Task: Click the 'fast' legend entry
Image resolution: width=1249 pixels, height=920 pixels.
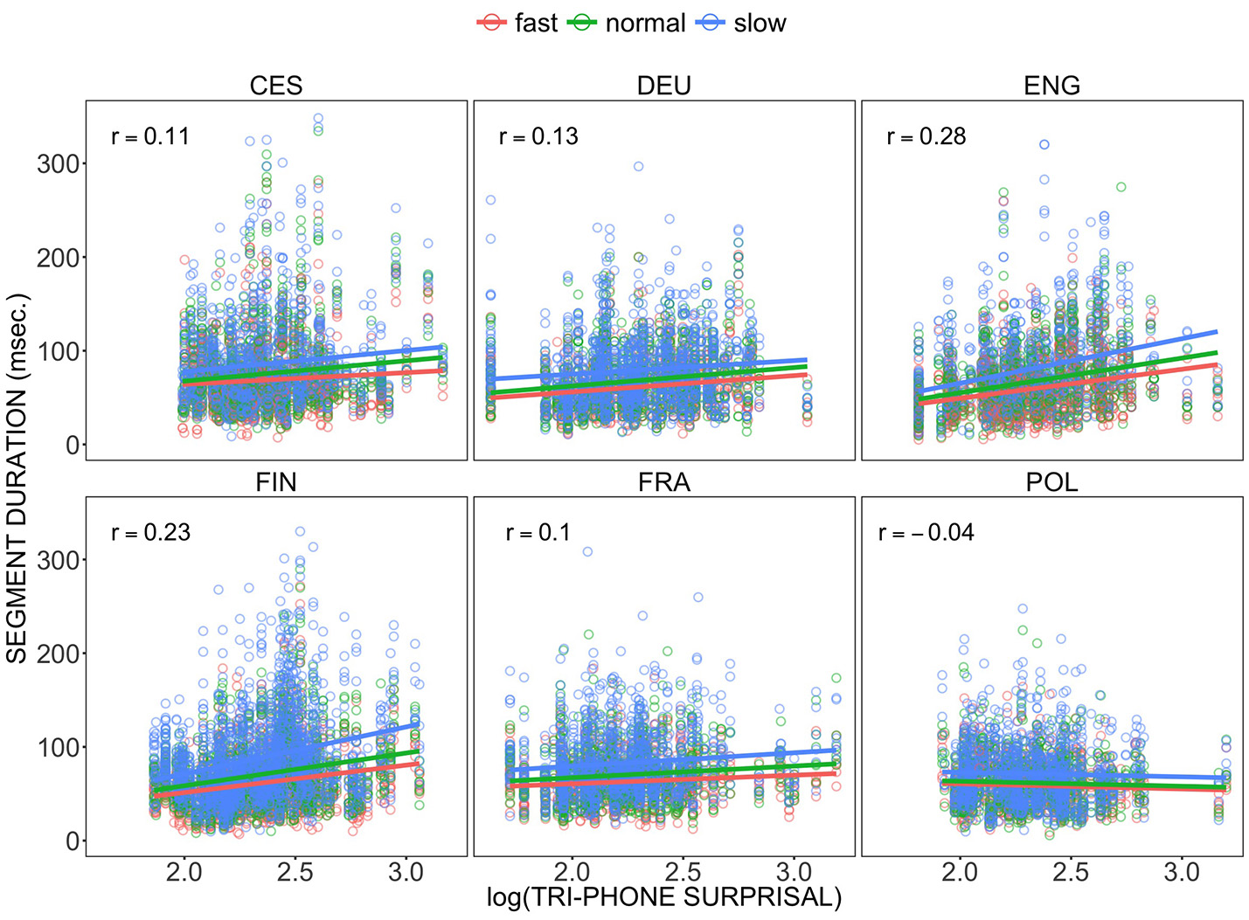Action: click(x=517, y=24)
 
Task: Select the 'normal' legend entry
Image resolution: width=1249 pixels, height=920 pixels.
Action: click(x=628, y=24)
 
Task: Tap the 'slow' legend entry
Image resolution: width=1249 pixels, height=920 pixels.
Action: click(x=742, y=24)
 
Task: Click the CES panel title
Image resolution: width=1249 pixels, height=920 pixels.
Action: click(x=276, y=86)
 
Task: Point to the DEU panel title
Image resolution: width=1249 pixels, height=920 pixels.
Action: click(x=664, y=86)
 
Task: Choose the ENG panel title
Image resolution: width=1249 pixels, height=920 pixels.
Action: click(x=1051, y=86)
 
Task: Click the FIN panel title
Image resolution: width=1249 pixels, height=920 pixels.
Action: click(x=276, y=482)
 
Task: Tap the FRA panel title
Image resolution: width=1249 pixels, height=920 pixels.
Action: click(x=664, y=482)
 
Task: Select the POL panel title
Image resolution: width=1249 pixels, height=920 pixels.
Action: click(x=1051, y=482)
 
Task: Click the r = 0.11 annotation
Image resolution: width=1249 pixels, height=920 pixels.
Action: click(x=150, y=136)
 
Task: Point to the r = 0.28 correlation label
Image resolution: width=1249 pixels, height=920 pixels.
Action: click(x=926, y=136)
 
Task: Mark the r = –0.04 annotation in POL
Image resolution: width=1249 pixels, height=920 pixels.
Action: click(x=926, y=533)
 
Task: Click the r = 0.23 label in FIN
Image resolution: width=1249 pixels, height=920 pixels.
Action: click(x=151, y=533)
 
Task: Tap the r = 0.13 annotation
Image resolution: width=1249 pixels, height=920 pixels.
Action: click(x=538, y=136)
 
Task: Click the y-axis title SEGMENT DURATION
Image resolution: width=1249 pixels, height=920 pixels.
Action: click(x=18, y=478)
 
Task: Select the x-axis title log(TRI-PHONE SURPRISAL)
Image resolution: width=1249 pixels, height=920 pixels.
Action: click(x=664, y=898)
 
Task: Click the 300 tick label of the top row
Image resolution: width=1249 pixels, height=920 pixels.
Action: click(x=58, y=164)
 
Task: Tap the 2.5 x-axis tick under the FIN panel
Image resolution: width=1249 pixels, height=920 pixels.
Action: click(x=295, y=873)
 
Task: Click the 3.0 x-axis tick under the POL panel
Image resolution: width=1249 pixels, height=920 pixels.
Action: click(x=1182, y=873)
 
